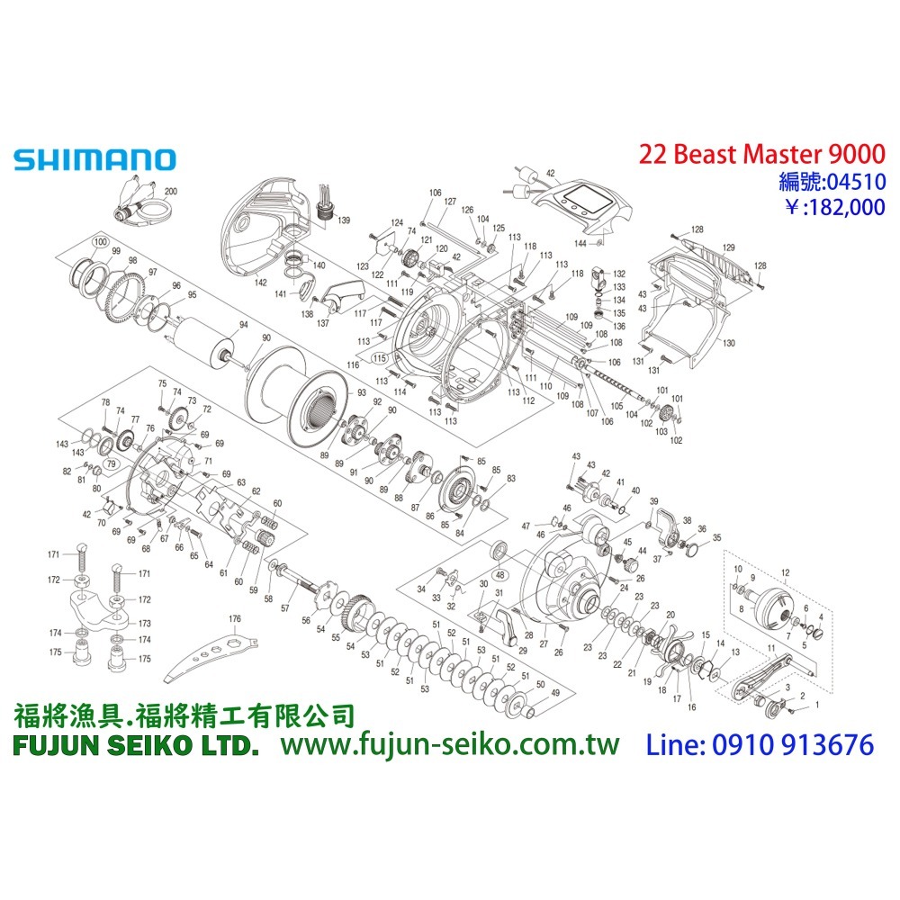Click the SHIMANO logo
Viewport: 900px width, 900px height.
coord(94,159)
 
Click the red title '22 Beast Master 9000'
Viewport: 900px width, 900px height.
coord(761,154)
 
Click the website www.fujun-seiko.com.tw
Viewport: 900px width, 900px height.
coord(451,744)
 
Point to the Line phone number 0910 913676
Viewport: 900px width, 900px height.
coord(760,744)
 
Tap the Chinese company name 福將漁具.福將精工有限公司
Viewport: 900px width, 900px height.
coord(184,715)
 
